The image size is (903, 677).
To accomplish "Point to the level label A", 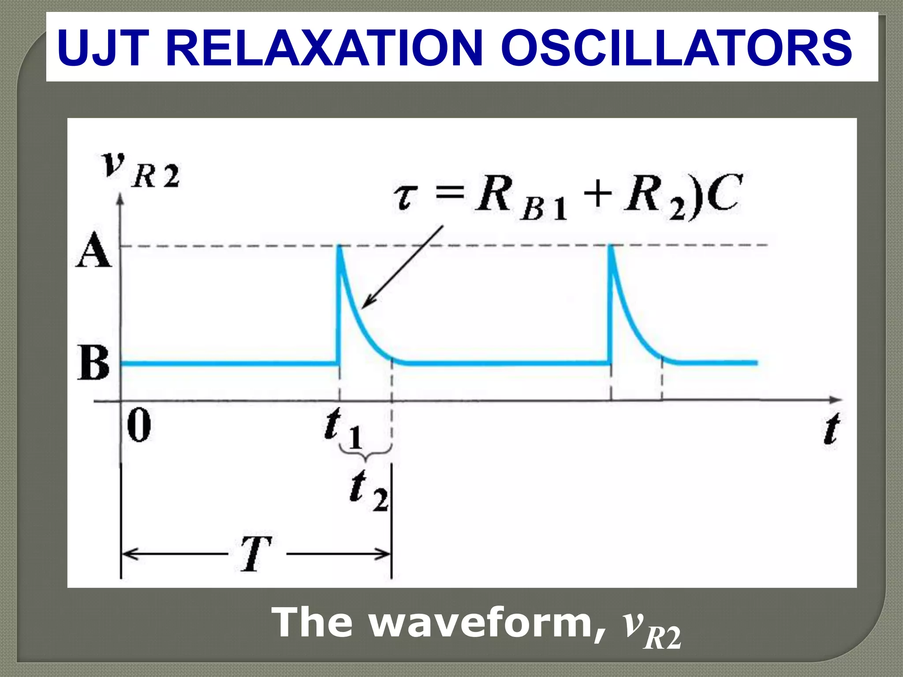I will coord(93,251).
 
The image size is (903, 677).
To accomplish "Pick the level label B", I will coord(93,362).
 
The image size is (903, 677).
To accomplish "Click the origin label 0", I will coord(138,425).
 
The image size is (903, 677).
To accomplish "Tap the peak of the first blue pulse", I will coord(339,247).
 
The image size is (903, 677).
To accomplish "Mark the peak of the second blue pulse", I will coord(610,247).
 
